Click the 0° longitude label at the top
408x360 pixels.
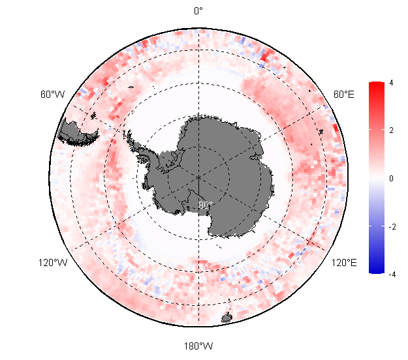198,10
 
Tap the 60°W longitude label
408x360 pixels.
52,95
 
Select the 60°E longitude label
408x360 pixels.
344,95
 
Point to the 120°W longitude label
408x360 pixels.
53,263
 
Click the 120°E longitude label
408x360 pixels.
344,263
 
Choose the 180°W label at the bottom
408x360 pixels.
198,346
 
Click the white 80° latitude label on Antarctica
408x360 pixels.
205,205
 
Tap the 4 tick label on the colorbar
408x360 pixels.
390,83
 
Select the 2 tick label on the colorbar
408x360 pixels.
390,130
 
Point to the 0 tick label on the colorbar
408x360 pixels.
390,178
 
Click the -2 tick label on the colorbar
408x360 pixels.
390,226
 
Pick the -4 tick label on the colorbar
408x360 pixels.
390,274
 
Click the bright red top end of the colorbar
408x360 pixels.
376,85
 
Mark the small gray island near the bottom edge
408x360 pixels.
227,318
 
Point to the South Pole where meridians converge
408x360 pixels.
198,177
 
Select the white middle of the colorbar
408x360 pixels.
376,177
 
